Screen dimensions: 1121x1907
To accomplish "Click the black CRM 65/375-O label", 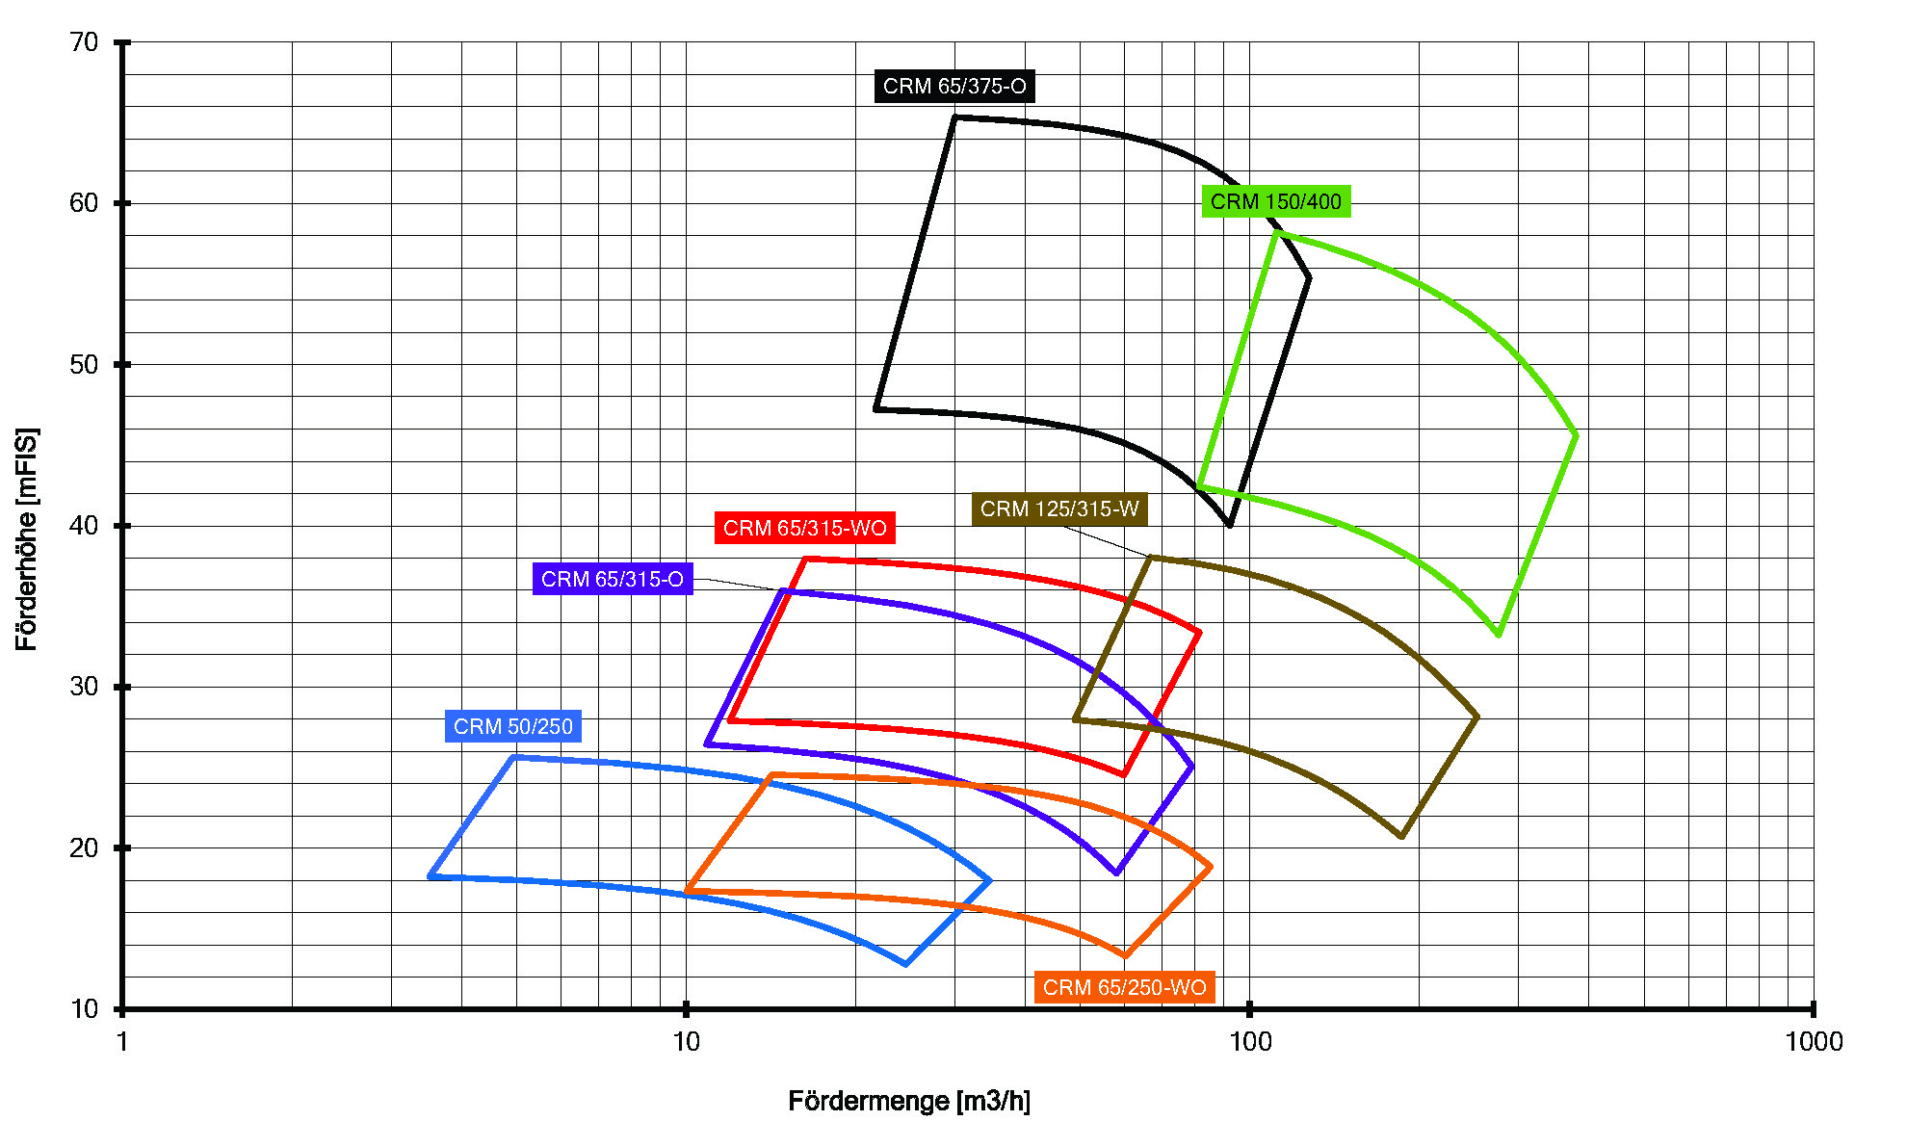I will tap(954, 87).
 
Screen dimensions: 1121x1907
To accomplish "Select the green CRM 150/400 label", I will tap(1276, 201).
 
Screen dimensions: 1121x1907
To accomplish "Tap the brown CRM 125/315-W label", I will tap(1059, 508).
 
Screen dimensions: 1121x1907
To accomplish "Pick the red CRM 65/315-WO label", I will tap(804, 528).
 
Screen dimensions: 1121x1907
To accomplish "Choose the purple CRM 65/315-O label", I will tap(613, 579).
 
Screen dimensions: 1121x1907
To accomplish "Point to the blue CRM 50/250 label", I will tap(513, 726).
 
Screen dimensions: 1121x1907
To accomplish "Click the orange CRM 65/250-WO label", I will tap(1124, 987).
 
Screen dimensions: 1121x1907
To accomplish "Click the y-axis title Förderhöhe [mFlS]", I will tap(27, 539).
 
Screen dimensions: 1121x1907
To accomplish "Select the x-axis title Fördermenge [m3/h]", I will tap(909, 1101).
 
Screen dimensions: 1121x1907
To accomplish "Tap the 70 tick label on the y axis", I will tap(85, 42).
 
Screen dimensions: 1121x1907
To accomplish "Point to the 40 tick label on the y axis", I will tap(85, 526).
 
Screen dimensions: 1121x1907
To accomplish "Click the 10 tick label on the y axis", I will tap(85, 1009).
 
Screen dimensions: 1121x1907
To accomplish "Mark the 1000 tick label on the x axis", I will tap(1814, 1042).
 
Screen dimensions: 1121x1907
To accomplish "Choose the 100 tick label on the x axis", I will tap(1250, 1042).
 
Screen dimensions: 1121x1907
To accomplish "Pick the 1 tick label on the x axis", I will tap(122, 1042).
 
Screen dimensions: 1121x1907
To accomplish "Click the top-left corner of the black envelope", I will tap(954, 117).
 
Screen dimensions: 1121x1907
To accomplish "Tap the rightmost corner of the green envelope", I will tap(1576, 435).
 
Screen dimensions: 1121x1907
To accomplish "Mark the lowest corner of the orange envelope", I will tap(1124, 956).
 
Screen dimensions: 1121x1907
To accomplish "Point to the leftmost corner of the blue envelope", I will tap(430, 876).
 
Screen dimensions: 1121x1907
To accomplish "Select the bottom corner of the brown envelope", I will tap(1401, 836).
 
